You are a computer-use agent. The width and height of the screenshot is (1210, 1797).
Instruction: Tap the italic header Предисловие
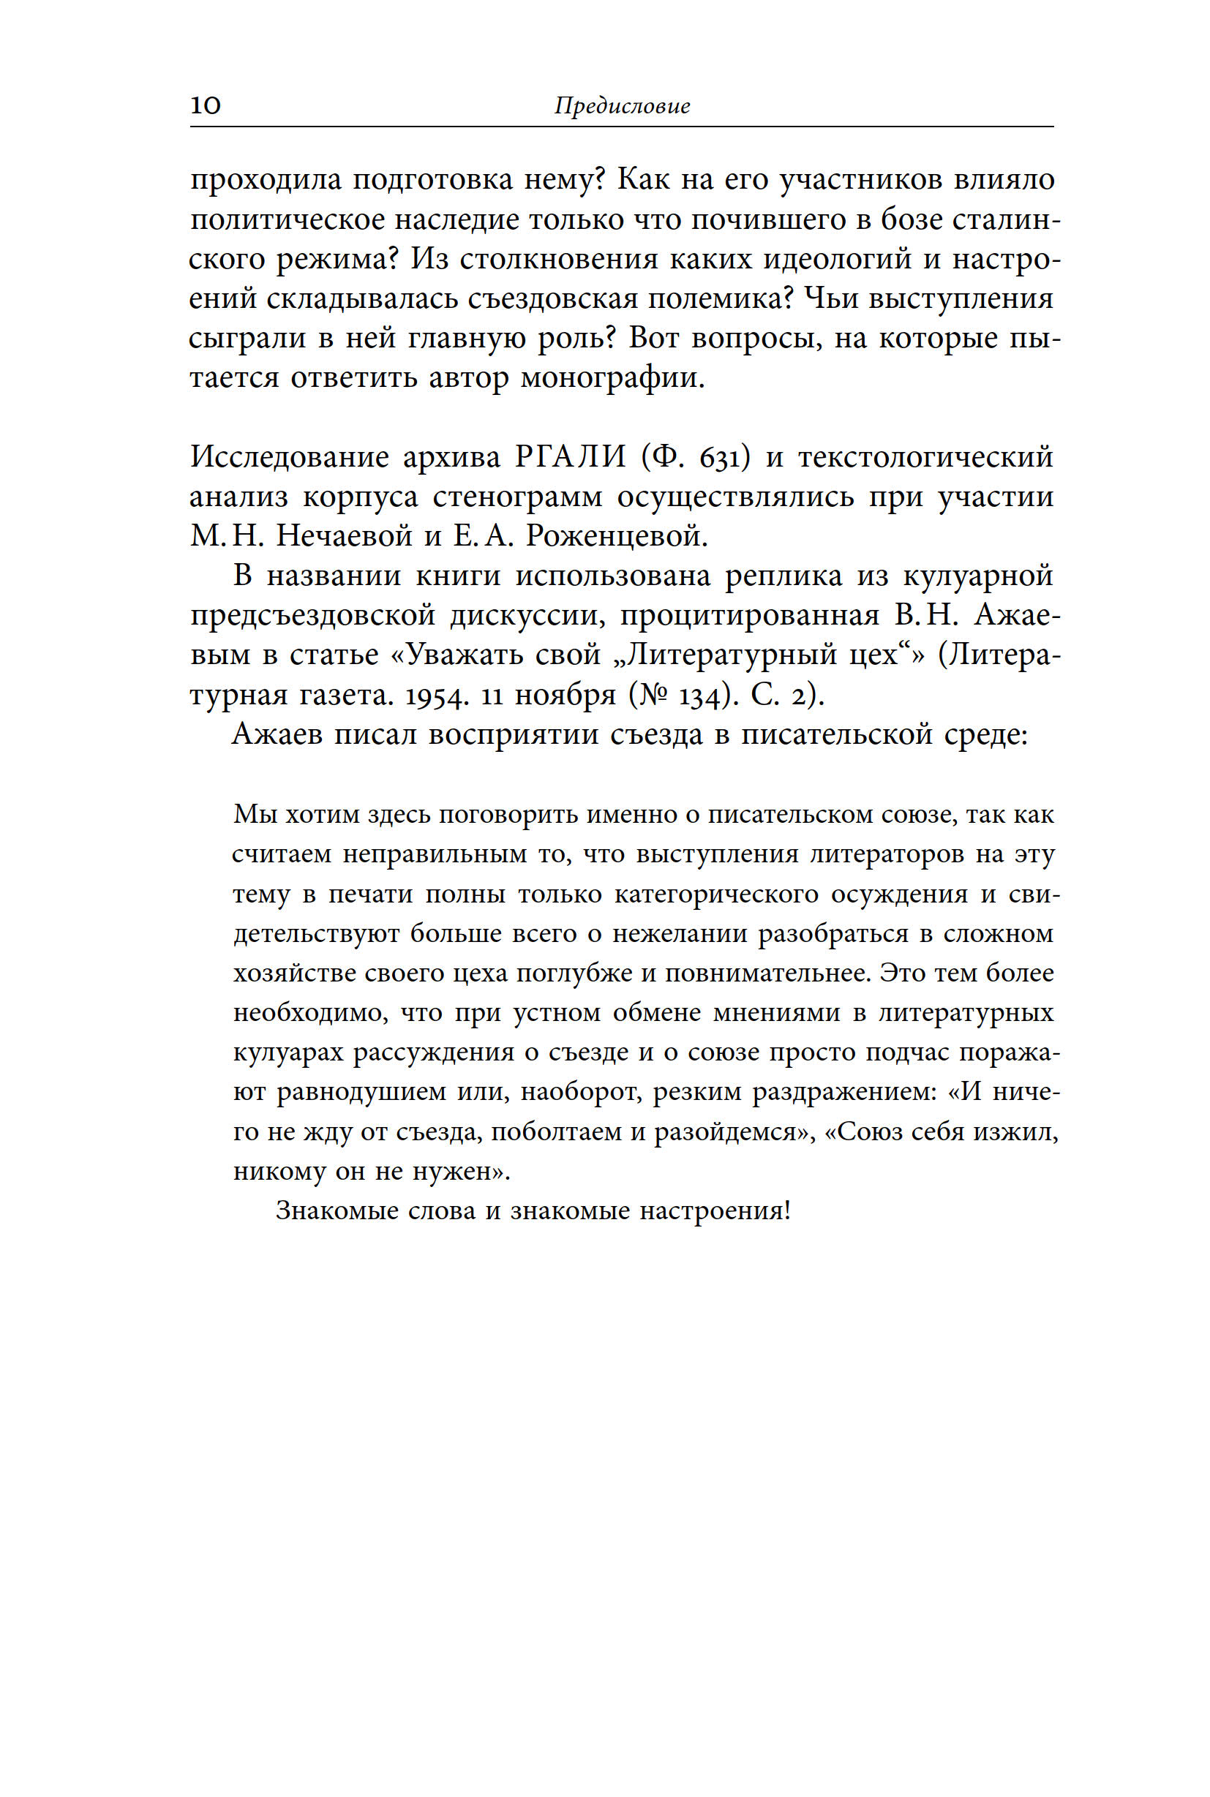tap(621, 106)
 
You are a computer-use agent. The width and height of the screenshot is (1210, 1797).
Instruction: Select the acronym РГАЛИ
tap(571, 457)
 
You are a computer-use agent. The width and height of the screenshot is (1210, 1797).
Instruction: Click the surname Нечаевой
tap(344, 535)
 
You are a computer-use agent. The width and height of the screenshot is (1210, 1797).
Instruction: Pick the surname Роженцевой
tap(616, 535)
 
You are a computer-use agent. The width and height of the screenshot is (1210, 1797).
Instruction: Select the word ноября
tap(565, 696)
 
